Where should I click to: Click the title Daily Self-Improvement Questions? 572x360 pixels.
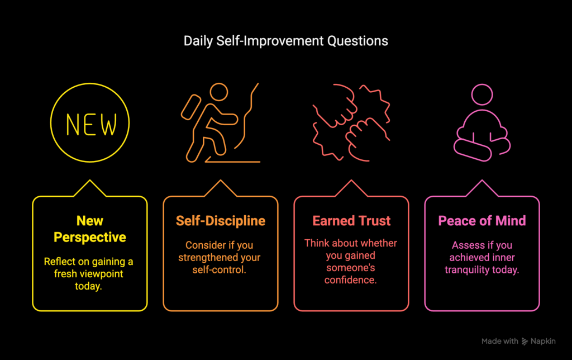point(285,41)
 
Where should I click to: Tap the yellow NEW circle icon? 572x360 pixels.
point(90,84)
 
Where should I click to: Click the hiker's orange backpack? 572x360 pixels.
point(191,107)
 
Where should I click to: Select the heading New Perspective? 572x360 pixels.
point(90,229)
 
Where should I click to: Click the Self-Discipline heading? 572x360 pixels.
point(220,221)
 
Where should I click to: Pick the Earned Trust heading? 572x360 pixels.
point(351,221)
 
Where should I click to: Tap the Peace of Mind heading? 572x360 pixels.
point(482,221)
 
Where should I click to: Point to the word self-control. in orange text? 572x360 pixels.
point(219,270)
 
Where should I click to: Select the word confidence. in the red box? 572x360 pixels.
point(351,280)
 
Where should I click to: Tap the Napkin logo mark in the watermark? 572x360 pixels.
point(525,342)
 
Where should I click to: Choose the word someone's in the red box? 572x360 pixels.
point(351,268)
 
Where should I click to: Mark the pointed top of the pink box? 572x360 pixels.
point(482,181)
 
